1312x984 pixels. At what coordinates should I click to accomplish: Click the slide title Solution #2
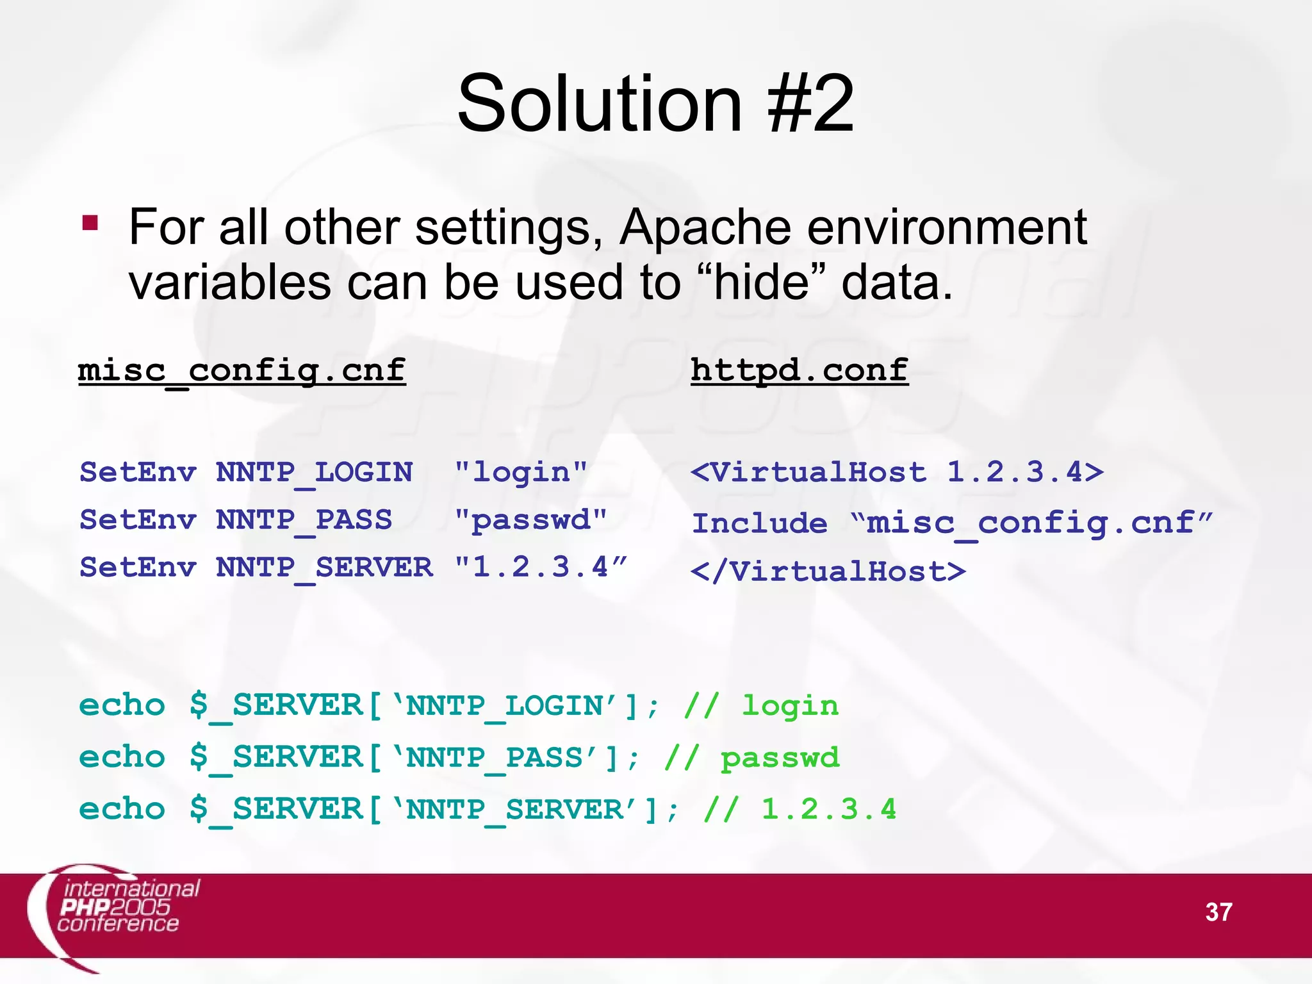pyautogui.click(x=655, y=104)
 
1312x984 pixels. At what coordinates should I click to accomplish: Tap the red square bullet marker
pyautogui.click(x=90, y=223)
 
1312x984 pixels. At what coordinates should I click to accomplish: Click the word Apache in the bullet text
pyautogui.click(x=705, y=227)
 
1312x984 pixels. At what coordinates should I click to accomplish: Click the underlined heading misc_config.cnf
pyautogui.click(x=242, y=371)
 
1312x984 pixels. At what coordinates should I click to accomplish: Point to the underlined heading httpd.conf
pyautogui.click(x=799, y=371)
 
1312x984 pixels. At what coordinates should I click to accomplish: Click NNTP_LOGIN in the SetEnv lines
pyautogui.click(x=314, y=473)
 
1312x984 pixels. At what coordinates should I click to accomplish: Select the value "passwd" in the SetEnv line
pyautogui.click(x=530, y=520)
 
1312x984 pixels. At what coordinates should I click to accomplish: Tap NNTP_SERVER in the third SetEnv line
pyautogui.click(x=324, y=568)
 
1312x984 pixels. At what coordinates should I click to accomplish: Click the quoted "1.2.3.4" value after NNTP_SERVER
pyautogui.click(x=540, y=568)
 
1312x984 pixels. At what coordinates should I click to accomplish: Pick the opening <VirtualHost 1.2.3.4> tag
pyautogui.click(x=897, y=473)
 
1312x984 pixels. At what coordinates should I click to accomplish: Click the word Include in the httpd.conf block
pyautogui.click(x=760, y=523)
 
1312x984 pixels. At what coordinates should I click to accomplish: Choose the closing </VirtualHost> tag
pyautogui.click(x=828, y=571)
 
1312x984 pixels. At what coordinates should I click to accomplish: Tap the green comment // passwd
pyautogui.click(x=751, y=758)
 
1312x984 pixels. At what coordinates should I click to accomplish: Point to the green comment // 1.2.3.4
pyautogui.click(x=799, y=810)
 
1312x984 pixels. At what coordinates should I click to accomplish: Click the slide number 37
pyautogui.click(x=1218, y=912)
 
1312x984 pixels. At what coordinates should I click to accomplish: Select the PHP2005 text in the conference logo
pyautogui.click(x=115, y=906)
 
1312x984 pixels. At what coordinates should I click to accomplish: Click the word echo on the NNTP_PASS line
pyautogui.click(x=122, y=758)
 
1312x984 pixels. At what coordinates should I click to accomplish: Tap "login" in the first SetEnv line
pyautogui.click(x=520, y=473)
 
